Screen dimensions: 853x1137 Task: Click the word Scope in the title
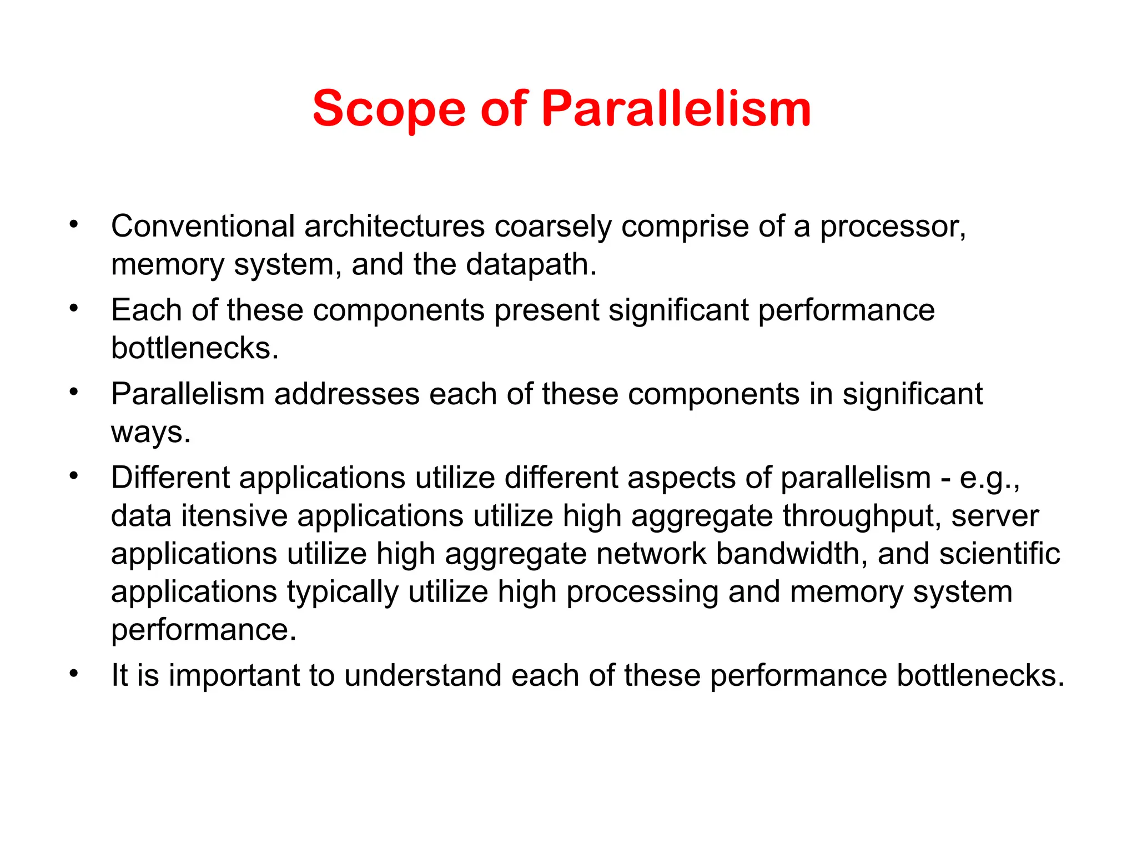click(x=389, y=109)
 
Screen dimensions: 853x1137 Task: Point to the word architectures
click(x=395, y=227)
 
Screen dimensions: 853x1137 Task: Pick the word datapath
click(x=531, y=265)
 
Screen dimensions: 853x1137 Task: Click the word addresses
click(x=346, y=394)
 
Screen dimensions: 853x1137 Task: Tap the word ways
click(x=150, y=433)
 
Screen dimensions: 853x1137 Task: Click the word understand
click(x=422, y=676)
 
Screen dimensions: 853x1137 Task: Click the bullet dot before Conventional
click(x=74, y=225)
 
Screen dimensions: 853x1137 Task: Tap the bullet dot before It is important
click(x=74, y=674)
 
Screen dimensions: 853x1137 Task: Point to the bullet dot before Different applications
click(x=74, y=476)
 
